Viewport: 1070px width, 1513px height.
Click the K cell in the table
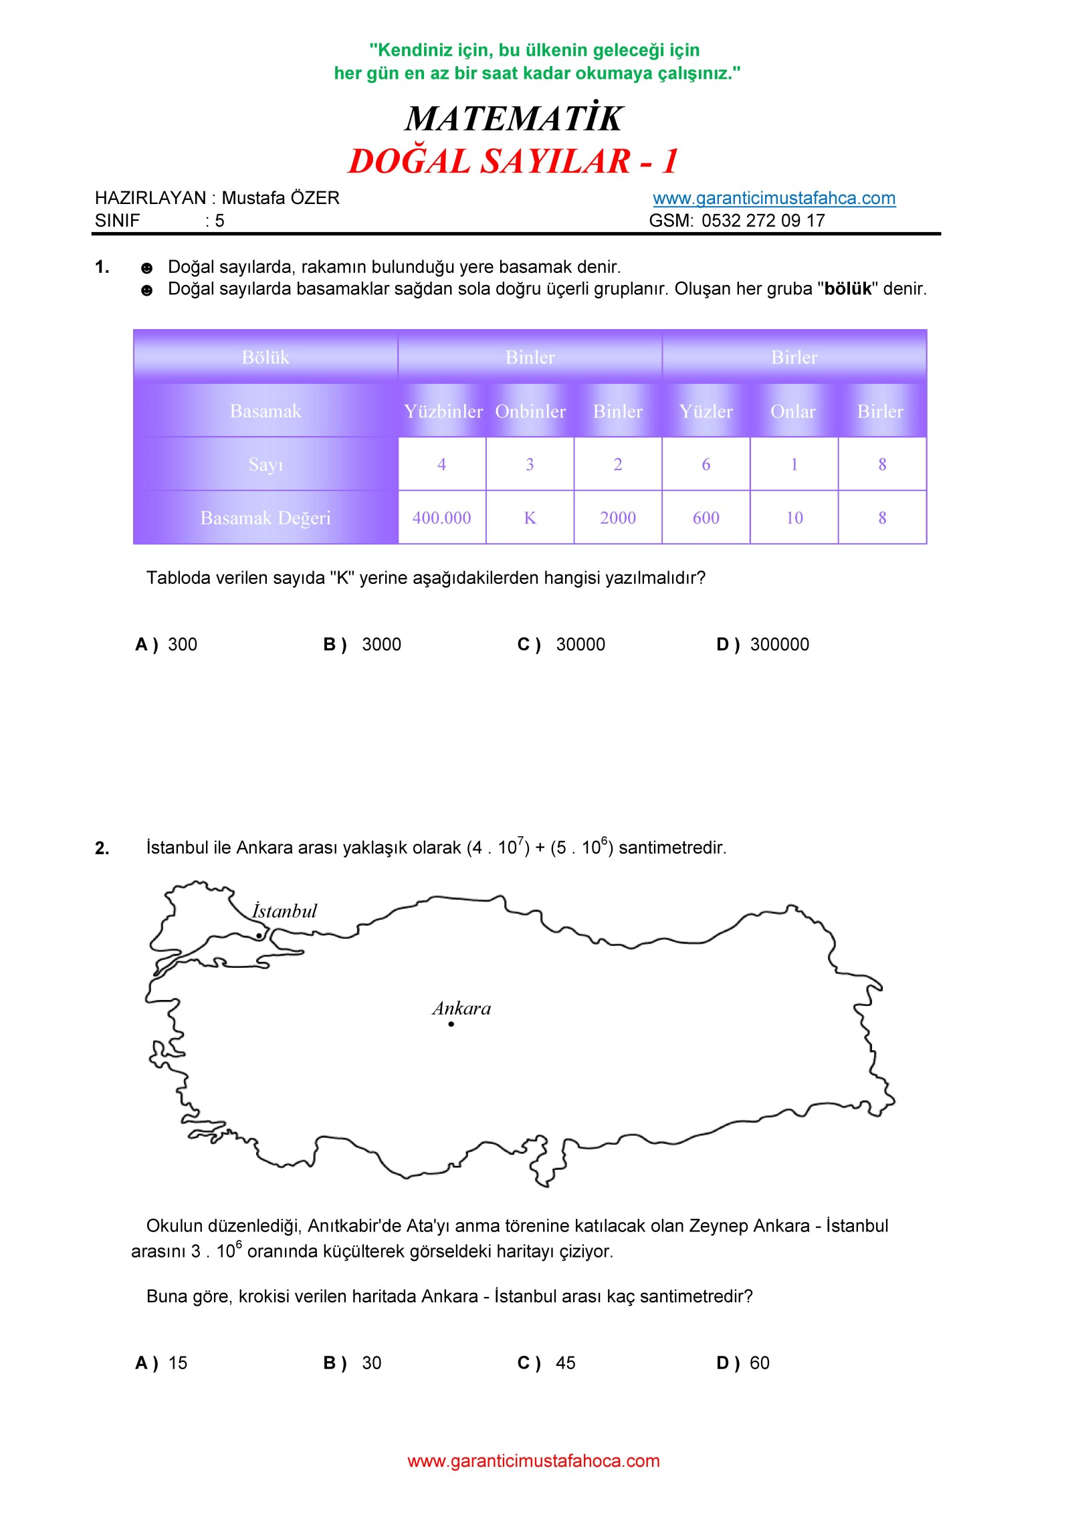click(530, 518)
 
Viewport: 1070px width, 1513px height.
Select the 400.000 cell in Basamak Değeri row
click(441, 518)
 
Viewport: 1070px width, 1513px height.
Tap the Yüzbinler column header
click(443, 411)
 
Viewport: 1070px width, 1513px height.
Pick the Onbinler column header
click(530, 411)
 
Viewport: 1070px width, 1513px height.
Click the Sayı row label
click(265, 464)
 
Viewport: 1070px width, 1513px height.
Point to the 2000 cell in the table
click(617, 518)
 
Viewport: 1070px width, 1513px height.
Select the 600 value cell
click(706, 518)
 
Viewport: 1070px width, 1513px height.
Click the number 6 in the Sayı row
click(706, 464)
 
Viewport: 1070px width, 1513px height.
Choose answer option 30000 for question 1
click(580, 644)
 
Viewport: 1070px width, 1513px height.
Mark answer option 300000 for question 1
click(779, 644)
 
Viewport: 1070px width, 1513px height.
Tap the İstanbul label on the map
click(284, 911)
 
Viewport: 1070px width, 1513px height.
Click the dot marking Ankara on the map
click(451, 1024)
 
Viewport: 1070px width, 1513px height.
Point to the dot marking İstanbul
click(259, 936)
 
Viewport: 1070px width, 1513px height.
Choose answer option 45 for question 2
click(565, 1363)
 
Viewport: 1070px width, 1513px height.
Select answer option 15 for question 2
click(178, 1363)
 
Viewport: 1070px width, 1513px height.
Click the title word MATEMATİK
click(514, 118)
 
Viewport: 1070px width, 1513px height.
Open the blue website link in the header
click(774, 198)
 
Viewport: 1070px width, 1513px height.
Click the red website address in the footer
click(534, 1460)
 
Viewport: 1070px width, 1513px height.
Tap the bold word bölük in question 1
click(848, 289)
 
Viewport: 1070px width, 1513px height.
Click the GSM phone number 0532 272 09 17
click(762, 221)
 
